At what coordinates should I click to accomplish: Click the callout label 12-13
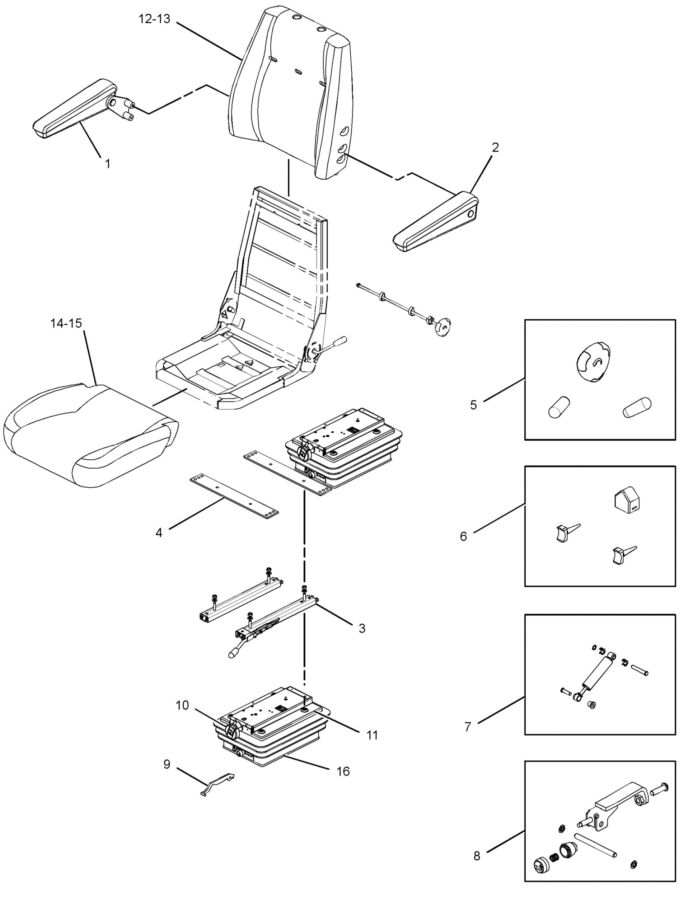click(154, 18)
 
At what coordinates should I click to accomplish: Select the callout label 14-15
click(66, 323)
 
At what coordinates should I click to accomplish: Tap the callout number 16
click(343, 771)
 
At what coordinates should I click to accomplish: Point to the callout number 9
click(167, 764)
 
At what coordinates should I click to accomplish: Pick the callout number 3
click(362, 628)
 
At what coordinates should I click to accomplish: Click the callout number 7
click(468, 726)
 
